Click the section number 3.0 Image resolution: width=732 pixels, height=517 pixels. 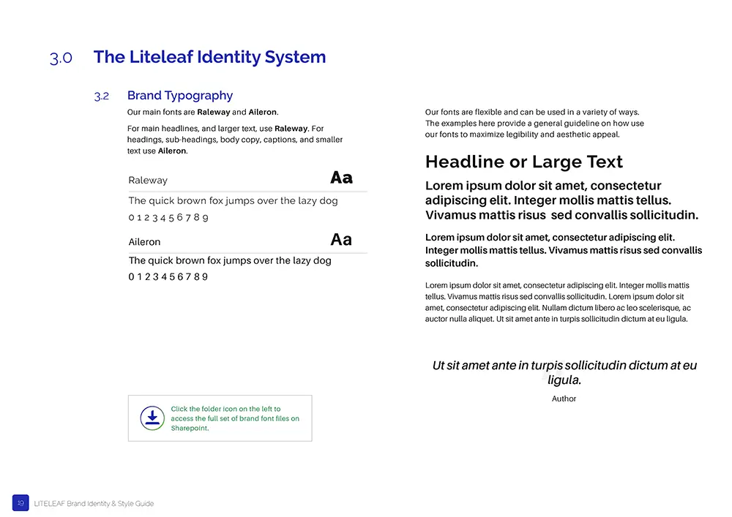(x=61, y=59)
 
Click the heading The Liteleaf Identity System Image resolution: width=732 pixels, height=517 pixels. (x=209, y=57)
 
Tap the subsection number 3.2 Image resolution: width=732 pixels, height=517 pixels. (x=101, y=96)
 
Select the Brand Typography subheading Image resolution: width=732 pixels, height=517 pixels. (x=180, y=95)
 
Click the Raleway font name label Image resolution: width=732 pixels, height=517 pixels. (x=148, y=180)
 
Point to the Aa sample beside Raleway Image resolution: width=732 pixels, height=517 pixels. (x=341, y=178)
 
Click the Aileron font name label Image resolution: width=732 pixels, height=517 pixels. (x=144, y=242)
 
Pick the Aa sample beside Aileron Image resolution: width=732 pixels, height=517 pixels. (x=341, y=240)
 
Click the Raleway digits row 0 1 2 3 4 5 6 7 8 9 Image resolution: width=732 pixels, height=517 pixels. (x=168, y=218)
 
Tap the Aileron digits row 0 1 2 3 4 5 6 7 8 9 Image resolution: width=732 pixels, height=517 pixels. (x=168, y=277)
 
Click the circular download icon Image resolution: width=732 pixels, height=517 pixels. (x=152, y=418)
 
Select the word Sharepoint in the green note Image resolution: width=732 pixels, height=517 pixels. (x=190, y=429)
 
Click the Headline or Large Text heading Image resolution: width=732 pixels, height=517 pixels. (x=524, y=162)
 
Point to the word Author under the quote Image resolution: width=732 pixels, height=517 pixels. (x=564, y=399)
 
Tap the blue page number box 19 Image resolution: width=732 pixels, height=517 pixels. (x=20, y=502)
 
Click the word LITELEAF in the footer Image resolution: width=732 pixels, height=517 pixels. (x=49, y=503)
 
